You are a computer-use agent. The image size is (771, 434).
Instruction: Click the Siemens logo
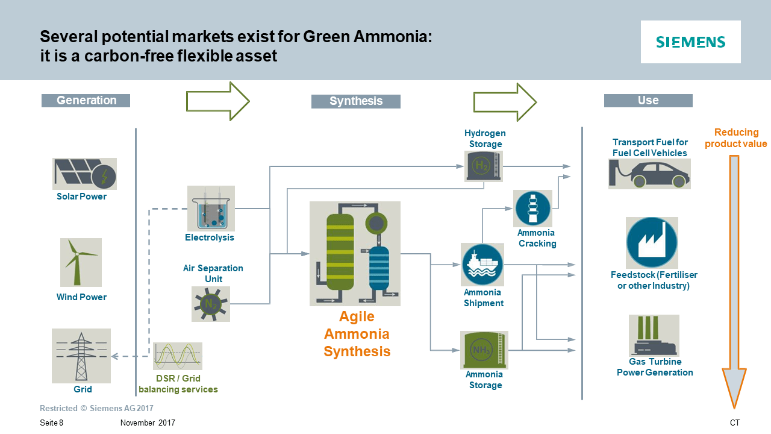click(690, 42)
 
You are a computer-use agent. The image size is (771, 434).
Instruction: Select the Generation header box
click(86, 101)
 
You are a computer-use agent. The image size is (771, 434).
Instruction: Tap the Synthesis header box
click(355, 101)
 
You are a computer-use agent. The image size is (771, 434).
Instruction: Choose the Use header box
click(648, 101)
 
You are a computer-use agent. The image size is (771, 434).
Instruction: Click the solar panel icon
click(84, 174)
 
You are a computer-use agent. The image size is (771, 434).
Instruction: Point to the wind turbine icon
click(81, 262)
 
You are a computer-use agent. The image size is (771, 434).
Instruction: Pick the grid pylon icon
click(81, 356)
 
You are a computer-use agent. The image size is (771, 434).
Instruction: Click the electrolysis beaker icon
click(211, 209)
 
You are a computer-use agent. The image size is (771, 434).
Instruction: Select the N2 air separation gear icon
click(211, 304)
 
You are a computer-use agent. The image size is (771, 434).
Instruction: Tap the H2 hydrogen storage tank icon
click(484, 166)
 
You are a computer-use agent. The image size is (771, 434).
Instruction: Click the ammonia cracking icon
click(533, 209)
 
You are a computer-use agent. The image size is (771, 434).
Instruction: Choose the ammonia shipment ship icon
click(482, 265)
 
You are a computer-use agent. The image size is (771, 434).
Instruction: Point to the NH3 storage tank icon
click(484, 350)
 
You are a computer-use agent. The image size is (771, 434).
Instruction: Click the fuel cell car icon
click(649, 174)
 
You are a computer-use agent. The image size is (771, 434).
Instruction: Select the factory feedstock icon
click(652, 243)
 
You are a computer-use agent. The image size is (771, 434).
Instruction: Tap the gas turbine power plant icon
click(654, 336)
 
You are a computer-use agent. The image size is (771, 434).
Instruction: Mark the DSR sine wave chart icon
click(177, 356)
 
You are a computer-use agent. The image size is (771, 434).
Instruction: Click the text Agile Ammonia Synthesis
click(357, 334)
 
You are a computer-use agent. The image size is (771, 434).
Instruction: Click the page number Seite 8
click(51, 423)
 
